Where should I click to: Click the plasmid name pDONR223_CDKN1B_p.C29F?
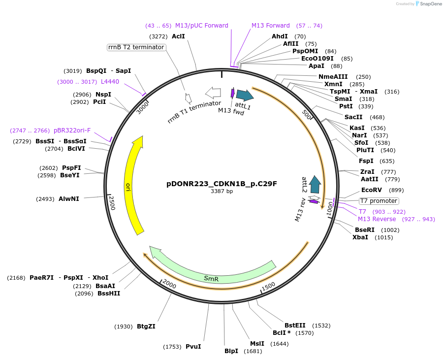222,184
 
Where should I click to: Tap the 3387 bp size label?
222,191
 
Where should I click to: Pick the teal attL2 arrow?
315,184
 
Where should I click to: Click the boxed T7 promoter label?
379,201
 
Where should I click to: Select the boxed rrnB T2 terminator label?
136,47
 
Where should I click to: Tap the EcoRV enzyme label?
371,190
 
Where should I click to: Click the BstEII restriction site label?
295,326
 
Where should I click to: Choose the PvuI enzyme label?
193,347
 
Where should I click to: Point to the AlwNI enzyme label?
68,199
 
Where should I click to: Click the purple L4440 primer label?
110,82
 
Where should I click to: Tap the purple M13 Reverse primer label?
377,219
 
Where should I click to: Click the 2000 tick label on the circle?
169,284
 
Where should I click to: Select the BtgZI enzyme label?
146,327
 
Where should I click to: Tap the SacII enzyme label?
353,117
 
